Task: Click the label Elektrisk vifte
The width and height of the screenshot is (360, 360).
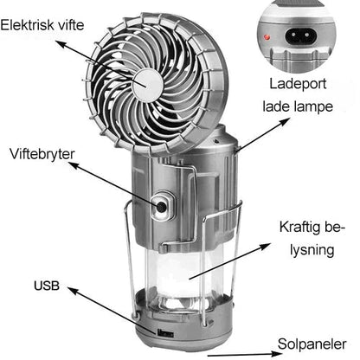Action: (42, 25)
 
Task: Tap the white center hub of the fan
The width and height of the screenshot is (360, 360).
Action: (147, 86)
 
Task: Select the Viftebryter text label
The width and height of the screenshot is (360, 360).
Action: (42, 154)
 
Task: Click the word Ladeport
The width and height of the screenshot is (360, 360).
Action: (298, 84)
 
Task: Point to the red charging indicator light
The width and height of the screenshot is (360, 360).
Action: (267, 37)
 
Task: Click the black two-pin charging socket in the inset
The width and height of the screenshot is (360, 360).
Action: (301, 36)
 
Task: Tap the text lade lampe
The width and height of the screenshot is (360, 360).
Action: (298, 106)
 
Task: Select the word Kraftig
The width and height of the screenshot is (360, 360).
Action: (300, 228)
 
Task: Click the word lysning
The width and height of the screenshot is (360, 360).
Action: (312, 250)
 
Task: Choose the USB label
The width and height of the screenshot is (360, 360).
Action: (47, 286)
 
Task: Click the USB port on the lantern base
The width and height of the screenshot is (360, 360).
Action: (165, 334)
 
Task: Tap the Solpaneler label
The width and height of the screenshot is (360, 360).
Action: (312, 344)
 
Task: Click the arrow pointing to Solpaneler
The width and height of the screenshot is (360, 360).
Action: (245, 354)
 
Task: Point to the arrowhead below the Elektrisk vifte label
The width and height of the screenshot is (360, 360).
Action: (61, 43)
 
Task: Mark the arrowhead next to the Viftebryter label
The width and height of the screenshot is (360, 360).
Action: (74, 165)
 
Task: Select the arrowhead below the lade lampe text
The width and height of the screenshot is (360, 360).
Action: (284, 121)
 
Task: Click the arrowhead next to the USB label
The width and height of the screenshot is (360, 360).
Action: (74, 290)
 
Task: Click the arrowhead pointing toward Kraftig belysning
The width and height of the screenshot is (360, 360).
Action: (265, 246)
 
